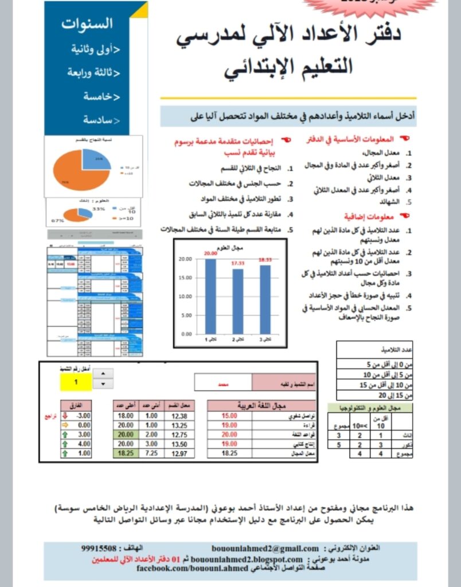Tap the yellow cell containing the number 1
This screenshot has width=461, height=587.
coord(76,381)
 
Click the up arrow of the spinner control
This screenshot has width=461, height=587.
coord(103,374)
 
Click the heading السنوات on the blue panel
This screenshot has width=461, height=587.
coord(87,24)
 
